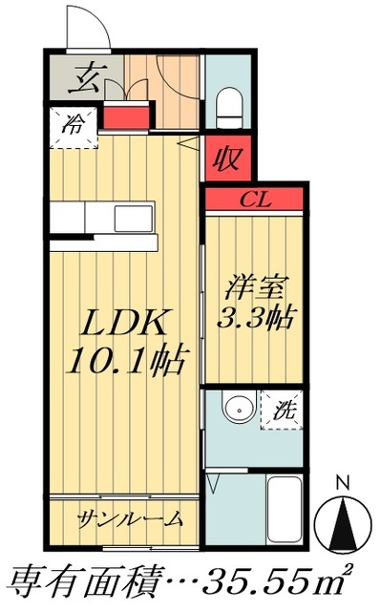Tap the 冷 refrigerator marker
tap(74, 124)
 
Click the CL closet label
tap(253, 200)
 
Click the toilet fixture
tap(229, 107)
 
